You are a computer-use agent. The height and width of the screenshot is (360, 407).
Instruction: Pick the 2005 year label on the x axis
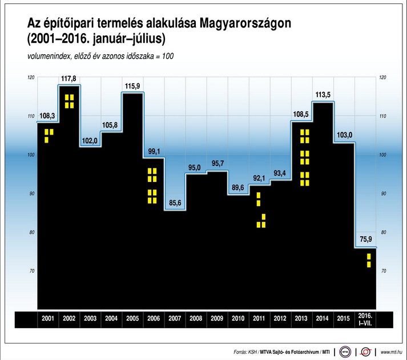tap(132, 319)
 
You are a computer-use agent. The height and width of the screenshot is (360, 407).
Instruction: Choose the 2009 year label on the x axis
tap(217, 319)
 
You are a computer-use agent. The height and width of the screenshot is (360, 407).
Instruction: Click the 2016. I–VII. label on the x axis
tap(365, 319)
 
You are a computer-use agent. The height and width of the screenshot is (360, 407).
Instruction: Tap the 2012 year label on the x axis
tap(280, 319)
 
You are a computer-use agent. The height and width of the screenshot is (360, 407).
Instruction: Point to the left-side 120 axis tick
tap(31, 78)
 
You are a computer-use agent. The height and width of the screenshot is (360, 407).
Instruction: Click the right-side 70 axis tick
tap(382, 270)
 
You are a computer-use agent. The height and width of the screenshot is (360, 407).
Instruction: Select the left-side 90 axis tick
tap(31, 194)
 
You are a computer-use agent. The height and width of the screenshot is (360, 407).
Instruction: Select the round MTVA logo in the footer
tap(345, 352)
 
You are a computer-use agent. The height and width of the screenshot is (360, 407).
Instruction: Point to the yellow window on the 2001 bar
tap(49, 136)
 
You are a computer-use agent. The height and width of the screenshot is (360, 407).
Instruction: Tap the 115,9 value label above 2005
tap(132, 86)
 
